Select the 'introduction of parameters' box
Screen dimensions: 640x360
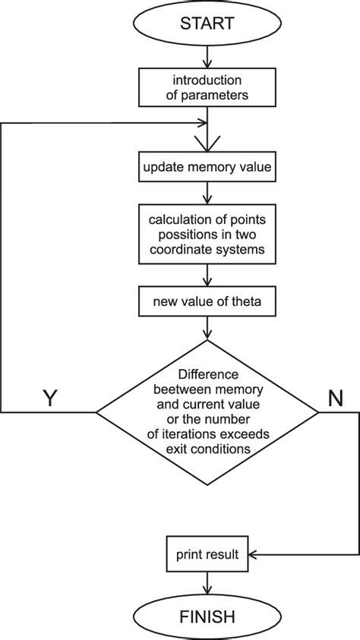pyautogui.click(x=207, y=89)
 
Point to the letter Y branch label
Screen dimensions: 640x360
pyautogui.click(x=49, y=399)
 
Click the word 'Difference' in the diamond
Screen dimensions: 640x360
pyautogui.click(x=207, y=374)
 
